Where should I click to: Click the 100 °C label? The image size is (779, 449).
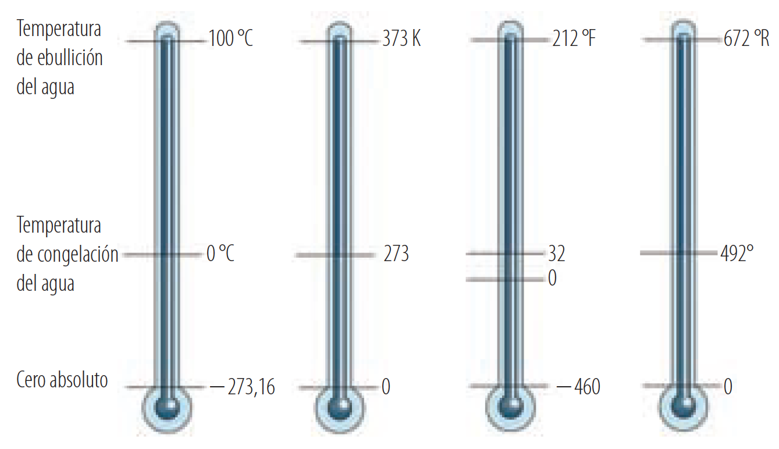tap(230, 40)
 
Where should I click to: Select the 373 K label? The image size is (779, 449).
tap(401, 40)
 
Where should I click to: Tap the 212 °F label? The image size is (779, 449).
tap(574, 40)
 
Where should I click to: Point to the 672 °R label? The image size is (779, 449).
tap(746, 40)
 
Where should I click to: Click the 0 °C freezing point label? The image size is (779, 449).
tap(220, 254)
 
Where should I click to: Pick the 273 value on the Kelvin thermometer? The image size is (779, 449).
tap(396, 254)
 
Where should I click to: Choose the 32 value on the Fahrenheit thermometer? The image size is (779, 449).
tap(556, 254)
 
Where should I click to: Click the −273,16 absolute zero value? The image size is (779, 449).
tap(243, 387)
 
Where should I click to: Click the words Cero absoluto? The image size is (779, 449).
tap(62, 380)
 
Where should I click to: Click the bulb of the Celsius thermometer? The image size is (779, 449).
tap(168, 407)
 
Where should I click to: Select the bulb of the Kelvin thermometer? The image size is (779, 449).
tap(339, 407)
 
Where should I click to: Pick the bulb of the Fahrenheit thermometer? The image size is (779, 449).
tap(510, 407)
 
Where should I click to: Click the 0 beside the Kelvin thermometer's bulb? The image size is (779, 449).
tap(386, 387)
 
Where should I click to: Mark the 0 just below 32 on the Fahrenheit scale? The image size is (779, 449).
tap(552, 279)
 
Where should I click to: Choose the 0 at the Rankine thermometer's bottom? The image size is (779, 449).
tap(728, 387)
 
